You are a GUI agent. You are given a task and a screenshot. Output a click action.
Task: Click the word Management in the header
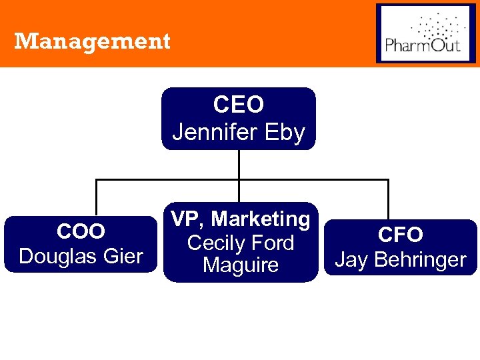92,41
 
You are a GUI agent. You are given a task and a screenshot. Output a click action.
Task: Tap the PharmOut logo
427,33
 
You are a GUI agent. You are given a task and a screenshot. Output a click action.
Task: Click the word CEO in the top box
239,105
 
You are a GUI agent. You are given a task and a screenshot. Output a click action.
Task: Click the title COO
81,231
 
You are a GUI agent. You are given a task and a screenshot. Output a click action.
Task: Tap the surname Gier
122,255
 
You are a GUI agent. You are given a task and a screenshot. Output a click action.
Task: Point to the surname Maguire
241,265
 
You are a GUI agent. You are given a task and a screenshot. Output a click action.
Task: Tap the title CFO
400,235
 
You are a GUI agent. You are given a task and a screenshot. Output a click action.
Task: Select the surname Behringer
419,259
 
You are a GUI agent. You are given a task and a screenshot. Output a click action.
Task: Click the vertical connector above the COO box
96,197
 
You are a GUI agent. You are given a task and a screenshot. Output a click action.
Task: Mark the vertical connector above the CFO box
387,199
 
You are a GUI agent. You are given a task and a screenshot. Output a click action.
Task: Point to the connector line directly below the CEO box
239,164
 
